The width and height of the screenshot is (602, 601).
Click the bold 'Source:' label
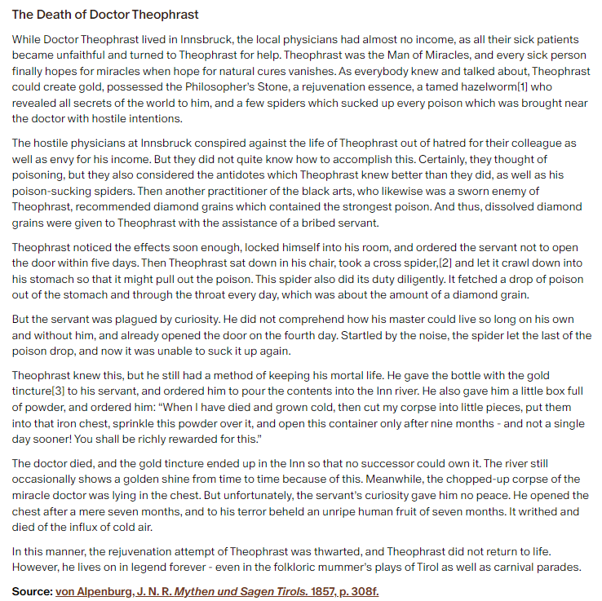pyautogui.click(x=32, y=590)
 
